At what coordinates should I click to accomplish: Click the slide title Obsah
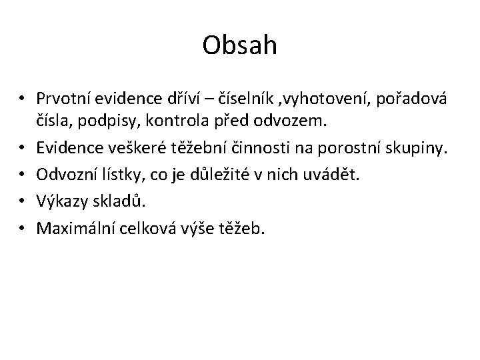(239, 47)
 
